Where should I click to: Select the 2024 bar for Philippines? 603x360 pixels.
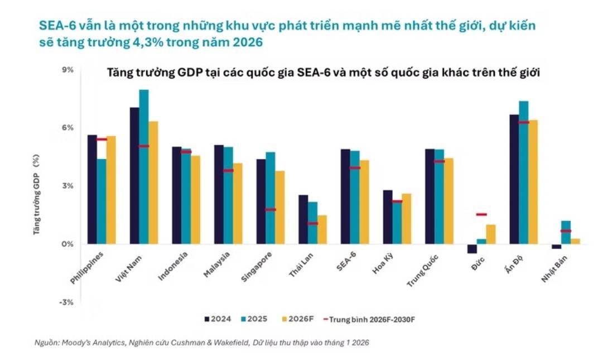click(x=92, y=189)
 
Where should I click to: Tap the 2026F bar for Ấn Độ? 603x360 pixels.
click(x=533, y=182)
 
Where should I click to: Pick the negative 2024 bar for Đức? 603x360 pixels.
click(x=472, y=249)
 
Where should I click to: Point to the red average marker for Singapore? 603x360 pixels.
click(x=271, y=210)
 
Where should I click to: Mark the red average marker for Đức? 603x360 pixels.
click(x=481, y=214)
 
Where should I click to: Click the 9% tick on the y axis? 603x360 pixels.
click(x=67, y=70)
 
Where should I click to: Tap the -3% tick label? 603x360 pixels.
click(x=66, y=302)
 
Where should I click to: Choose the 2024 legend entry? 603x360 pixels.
click(x=218, y=319)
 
